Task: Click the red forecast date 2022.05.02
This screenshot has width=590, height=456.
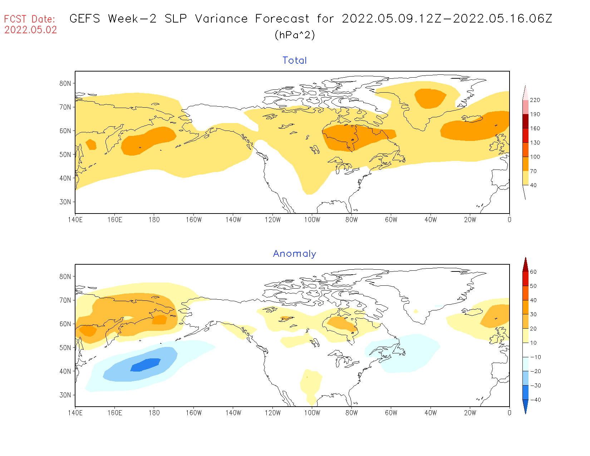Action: coord(31,30)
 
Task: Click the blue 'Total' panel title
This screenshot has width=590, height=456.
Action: coord(295,60)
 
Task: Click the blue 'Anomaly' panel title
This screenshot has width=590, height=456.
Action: coord(295,254)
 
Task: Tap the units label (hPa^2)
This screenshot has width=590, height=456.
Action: coord(295,35)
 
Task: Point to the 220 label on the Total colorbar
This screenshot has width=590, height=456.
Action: coord(535,100)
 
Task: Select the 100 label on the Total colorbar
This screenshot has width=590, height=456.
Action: coord(535,157)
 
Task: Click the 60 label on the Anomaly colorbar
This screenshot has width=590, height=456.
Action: coord(533,272)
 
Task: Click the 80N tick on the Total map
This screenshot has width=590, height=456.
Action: coord(65,83)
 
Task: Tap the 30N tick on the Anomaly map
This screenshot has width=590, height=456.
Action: coord(65,395)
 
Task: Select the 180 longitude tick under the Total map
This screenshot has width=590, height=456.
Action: coord(154,220)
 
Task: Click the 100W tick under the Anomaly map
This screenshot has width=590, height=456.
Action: coord(312,413)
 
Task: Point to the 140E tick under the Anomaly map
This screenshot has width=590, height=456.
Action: coord(75,413)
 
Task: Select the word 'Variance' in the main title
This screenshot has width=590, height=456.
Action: coord(221,19)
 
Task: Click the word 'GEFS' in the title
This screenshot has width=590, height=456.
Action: coord(85,19)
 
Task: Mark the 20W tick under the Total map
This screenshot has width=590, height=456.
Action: coord(470,220)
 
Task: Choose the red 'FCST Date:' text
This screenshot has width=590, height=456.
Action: coord(30,19)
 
